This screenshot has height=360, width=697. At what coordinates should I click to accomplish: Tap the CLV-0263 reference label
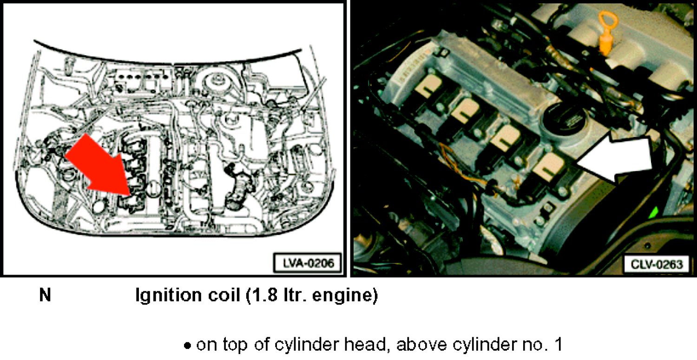(657, 264)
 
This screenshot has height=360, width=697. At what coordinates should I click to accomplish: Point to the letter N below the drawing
(45, 295)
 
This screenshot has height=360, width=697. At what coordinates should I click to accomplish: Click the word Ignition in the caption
(168, 295)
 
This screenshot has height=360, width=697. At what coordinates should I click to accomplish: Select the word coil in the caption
(224, 295)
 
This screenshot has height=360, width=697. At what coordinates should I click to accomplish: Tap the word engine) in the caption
(345, 295)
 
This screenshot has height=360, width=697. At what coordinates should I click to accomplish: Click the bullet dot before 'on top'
(187, 346)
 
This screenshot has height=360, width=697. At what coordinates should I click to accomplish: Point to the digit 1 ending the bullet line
(558, 344)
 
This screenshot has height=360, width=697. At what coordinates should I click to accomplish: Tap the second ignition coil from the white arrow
(506, 146)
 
